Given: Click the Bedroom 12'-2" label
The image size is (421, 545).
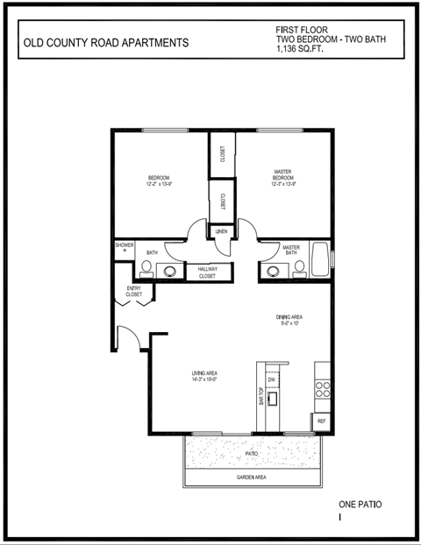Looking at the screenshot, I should pos(158,181).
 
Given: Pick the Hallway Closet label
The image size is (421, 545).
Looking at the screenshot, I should pos(207,272).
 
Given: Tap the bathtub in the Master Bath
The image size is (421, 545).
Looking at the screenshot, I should pos(322,259).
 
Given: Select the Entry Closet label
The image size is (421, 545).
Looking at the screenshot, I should pos(133,292).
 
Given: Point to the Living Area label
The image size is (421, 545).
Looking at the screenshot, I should pos(204,377).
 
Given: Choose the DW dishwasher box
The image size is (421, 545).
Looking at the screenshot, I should pos(272,379).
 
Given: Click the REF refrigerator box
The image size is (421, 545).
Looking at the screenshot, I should pos(322,421).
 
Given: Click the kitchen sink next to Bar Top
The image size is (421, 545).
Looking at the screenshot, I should pos(273,400).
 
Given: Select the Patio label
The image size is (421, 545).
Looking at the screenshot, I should pos(251,454).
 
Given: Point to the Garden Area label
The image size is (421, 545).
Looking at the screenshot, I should pos(251,478).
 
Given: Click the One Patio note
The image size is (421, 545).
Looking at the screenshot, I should pos(360,506).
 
